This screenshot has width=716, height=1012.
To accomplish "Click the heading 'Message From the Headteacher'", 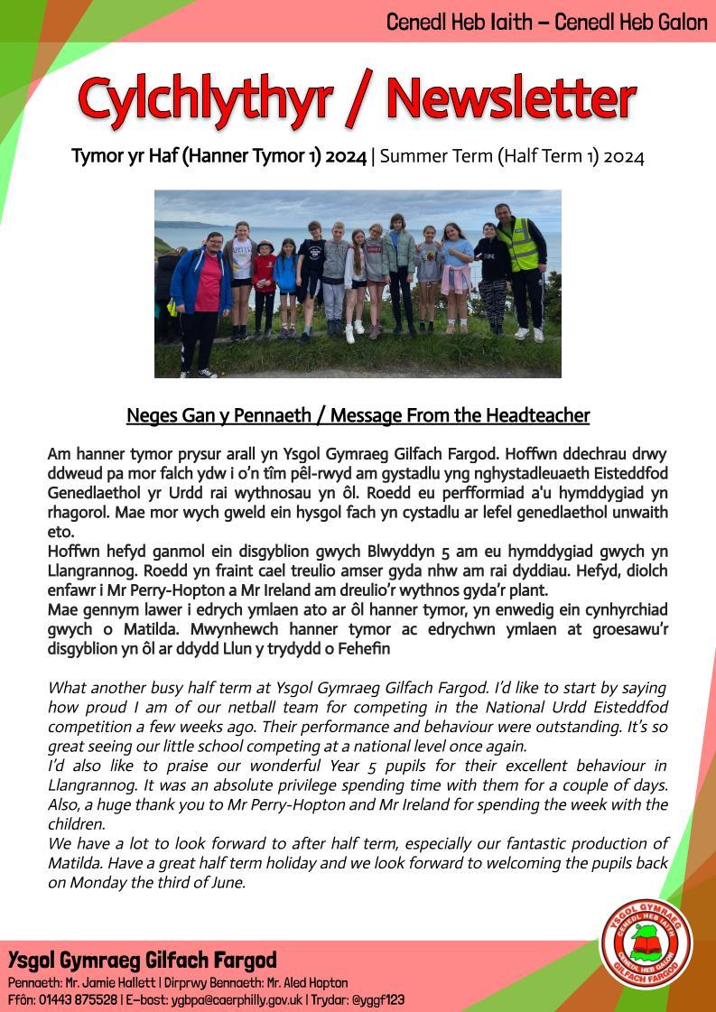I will tap(460, 415).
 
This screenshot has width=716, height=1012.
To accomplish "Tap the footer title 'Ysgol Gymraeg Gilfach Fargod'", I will tap(143, 960).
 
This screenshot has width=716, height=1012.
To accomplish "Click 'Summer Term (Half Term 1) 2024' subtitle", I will tap(512, 156).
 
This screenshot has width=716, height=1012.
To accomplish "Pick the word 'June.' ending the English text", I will tap(226, 882).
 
